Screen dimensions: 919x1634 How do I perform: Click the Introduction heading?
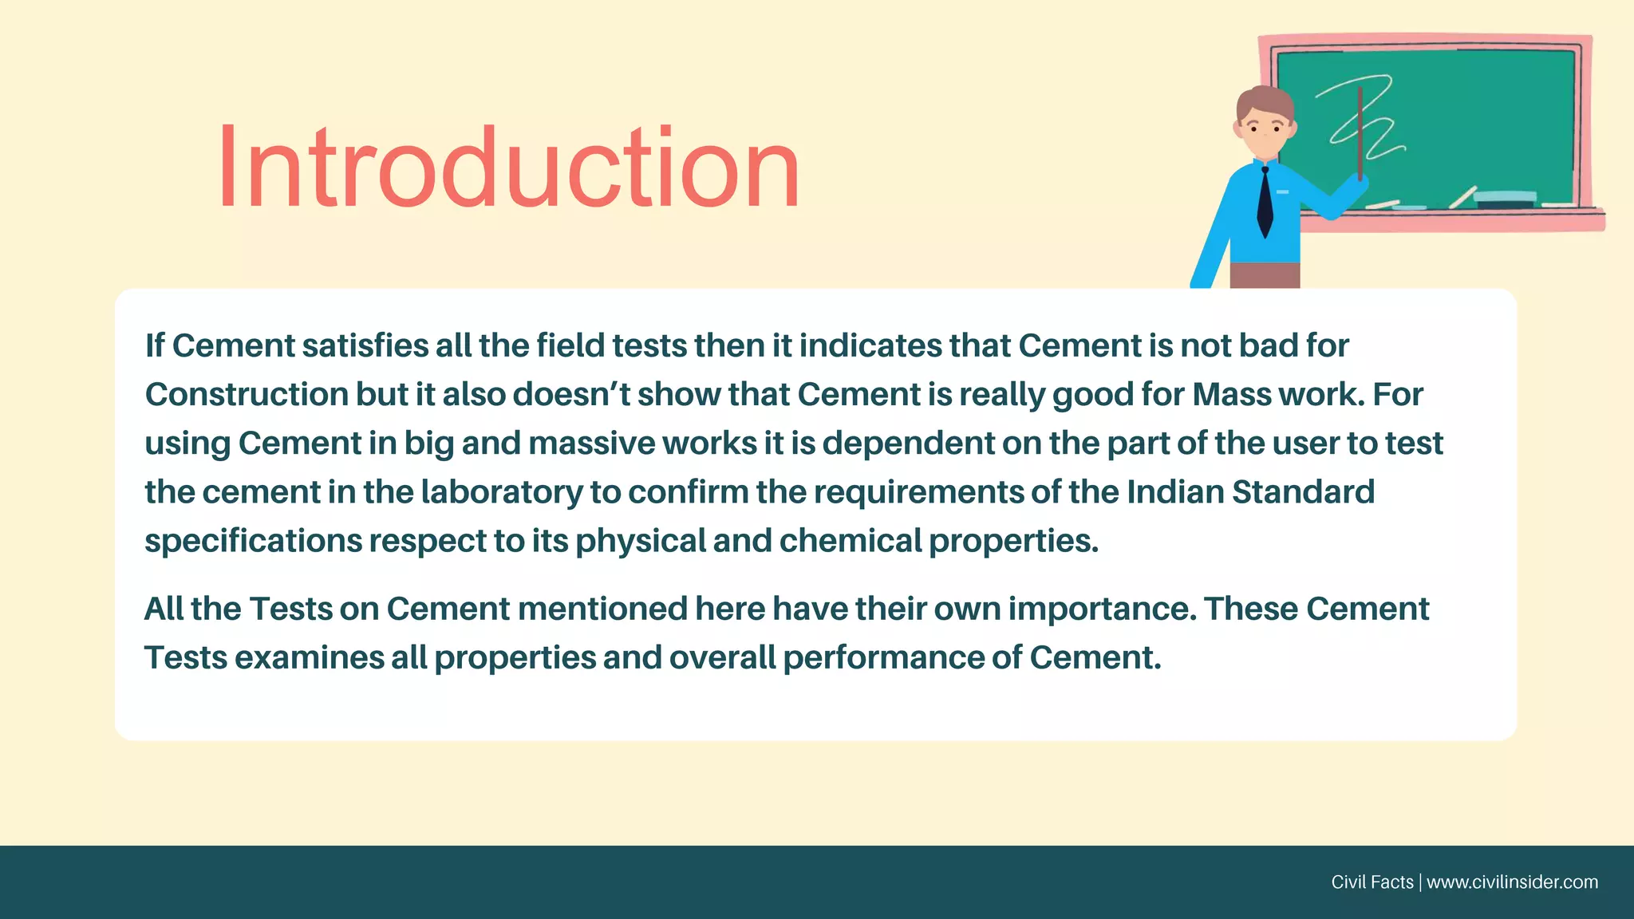tap(508, 168)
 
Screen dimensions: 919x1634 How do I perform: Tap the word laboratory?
tap(502, 492)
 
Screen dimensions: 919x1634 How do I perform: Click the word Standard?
tap(1303, 492)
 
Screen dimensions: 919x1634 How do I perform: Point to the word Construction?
tap(247, 395)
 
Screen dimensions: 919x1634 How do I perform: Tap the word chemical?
tap(851, 541)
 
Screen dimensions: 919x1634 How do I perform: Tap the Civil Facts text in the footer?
tap(1372, 882)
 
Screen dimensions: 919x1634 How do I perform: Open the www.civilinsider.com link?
tap(1512, 882)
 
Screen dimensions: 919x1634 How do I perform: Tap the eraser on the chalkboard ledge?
tap(1505, 199)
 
